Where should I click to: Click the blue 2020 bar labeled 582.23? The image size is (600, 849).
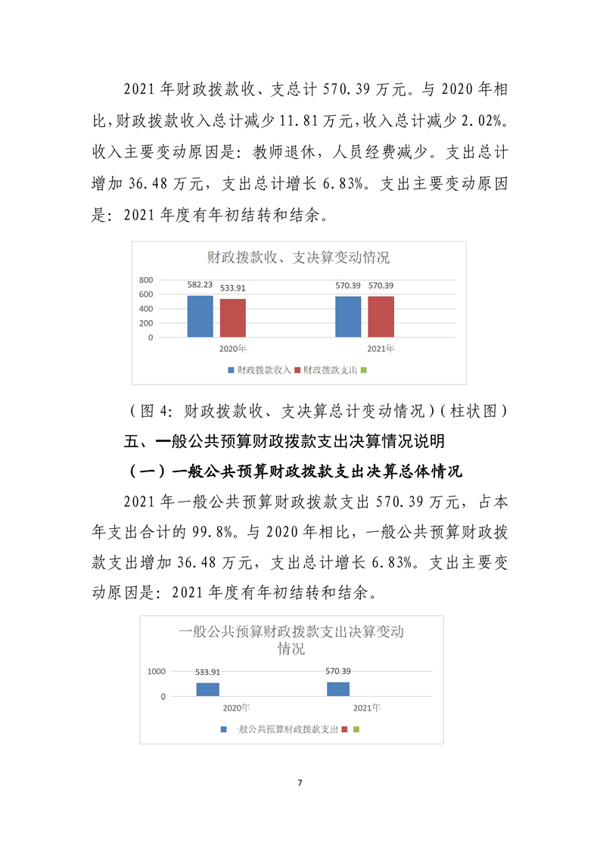click(x=201, y=316)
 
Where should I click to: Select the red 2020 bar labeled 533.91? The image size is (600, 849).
click(x=233, y=318)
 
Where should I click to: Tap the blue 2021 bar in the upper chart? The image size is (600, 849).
click(x=349, y=317)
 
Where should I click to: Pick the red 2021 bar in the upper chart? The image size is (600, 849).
click(x=381, y=317)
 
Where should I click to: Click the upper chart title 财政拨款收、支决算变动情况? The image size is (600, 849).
click(x=299, y=258)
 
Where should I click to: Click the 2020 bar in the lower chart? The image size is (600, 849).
click(x=207, y=689)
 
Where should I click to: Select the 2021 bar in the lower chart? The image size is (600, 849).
click(x=338, y=689)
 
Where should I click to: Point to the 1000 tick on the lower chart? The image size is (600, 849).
click(x=157, y=671)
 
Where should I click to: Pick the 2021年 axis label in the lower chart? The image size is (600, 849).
click(x=367, y=707)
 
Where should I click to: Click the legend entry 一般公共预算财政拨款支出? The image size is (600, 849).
click(x=287, y=729)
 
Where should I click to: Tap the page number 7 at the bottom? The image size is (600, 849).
click(x=300, y=782)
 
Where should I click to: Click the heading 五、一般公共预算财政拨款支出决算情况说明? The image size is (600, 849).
click(x=290, y=441)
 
